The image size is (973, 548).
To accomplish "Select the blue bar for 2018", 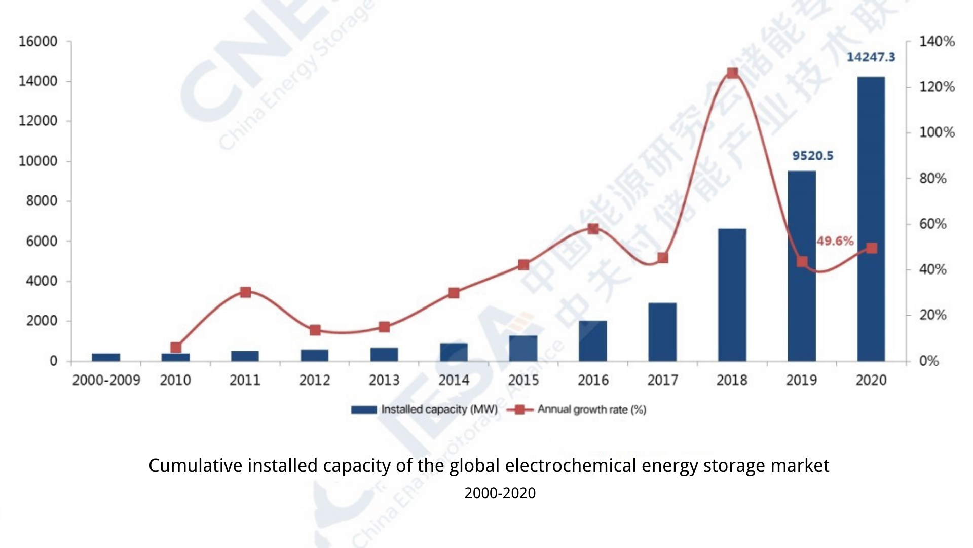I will [732, 295].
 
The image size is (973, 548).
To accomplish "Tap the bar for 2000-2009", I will [106, 357].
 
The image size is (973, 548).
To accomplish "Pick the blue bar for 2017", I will [662, 332].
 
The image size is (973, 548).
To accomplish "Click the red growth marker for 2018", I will [732, 73].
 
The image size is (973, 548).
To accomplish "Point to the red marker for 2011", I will [246, 292].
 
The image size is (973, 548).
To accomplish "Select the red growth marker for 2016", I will [593, 229].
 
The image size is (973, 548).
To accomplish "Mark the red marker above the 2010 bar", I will [176, 348].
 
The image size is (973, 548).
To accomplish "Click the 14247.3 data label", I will [871, 57].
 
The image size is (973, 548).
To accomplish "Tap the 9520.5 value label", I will [812, 156].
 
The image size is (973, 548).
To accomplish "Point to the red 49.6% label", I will [835, 241].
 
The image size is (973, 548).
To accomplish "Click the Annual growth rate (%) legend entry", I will [578, 409].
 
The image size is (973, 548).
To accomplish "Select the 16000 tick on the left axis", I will [38, 42].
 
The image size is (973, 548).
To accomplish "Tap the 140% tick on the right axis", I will [937, 42].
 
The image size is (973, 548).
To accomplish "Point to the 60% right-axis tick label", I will [933, 224].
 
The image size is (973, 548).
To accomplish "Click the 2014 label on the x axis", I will [454, 380].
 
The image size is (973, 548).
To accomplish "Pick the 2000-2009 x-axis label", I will [106, 380].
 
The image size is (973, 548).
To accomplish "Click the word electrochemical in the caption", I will [570, 466].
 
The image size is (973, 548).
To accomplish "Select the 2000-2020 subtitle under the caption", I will [500, 493].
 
